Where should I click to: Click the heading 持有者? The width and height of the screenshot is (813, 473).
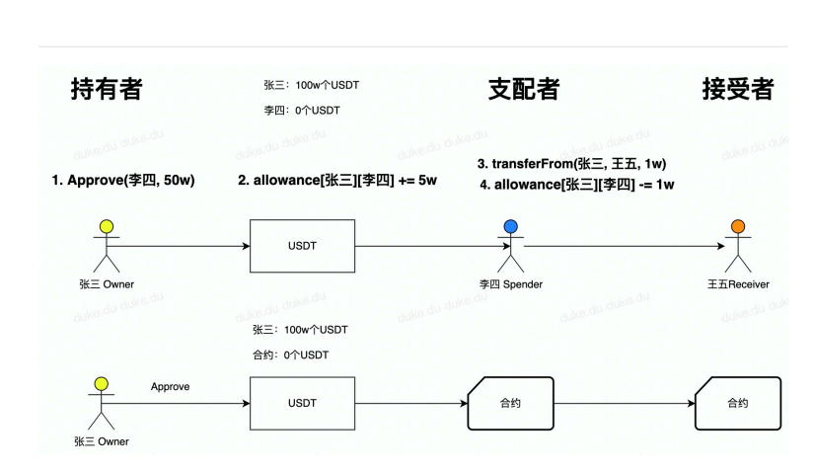107,89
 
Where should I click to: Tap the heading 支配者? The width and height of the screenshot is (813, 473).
524,89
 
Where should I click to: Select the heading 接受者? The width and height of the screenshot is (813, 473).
737,89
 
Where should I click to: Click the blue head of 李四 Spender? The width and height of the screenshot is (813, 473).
510,227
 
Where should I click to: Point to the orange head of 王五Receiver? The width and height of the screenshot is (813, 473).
737,227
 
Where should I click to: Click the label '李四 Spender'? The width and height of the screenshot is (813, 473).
510,284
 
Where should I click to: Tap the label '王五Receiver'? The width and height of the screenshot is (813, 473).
737,284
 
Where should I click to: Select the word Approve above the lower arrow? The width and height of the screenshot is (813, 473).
170,386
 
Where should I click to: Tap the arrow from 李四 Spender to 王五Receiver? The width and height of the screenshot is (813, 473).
622,247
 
